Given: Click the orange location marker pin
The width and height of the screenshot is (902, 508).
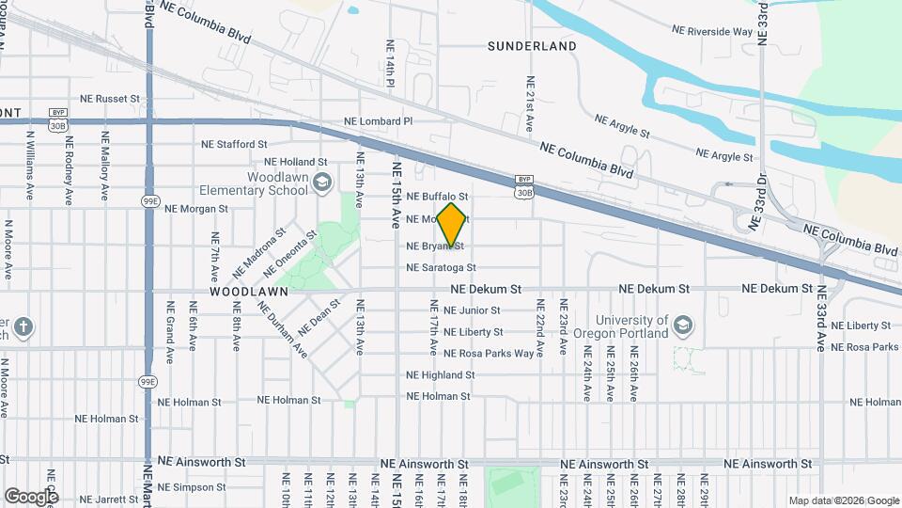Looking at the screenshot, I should [452, 224].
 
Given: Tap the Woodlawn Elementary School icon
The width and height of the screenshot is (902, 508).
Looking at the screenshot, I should [322, 182].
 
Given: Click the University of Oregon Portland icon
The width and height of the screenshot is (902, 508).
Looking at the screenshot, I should [683, 326].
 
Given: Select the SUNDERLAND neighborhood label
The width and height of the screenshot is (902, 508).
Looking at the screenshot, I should [532, 45].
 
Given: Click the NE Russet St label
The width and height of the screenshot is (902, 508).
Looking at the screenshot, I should [109, 98].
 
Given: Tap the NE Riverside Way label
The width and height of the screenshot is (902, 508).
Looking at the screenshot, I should [712, 31].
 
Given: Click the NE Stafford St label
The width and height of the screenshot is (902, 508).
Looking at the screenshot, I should [234, 145].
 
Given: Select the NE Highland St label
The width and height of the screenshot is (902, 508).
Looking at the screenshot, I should [441, 374].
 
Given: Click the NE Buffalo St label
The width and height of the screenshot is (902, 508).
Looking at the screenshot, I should [437, 196].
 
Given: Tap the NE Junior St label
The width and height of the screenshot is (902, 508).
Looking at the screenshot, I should [472, 310].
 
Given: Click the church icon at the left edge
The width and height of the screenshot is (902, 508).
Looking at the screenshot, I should [23, 328].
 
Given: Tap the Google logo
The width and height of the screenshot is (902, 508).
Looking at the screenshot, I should [31, 496].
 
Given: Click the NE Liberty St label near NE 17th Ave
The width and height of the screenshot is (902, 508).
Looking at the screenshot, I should [473, 332].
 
